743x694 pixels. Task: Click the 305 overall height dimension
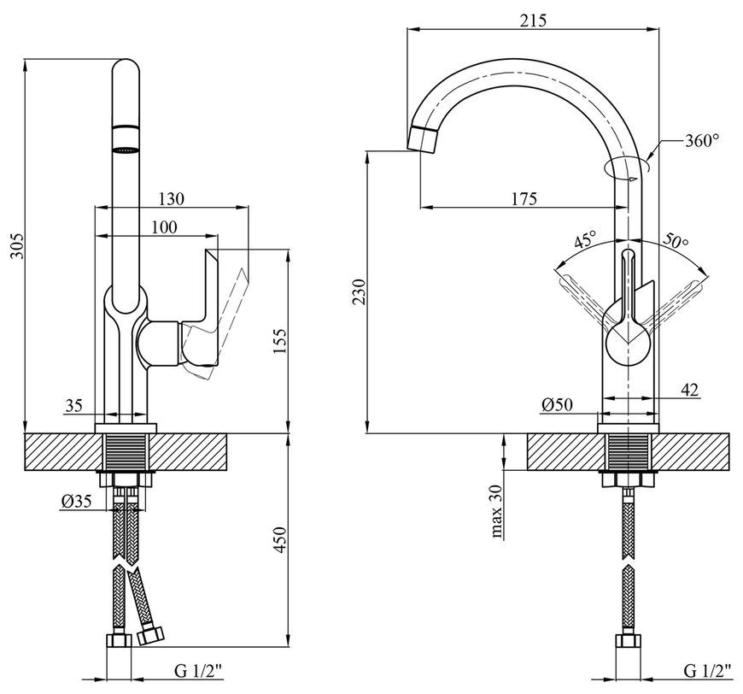click(16, 245)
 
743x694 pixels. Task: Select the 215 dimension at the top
click(533, 21)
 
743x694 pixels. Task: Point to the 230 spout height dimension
click(360, 292)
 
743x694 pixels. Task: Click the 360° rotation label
click(702, 140)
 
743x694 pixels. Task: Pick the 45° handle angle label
click(585, 240)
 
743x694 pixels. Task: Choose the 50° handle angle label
click(676, 241)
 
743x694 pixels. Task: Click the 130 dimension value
click(171, 198)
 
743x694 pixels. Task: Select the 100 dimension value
click(164, 227)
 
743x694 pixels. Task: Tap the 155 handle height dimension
click(279, 341)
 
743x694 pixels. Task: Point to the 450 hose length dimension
click(279, 539)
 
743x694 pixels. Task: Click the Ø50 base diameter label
click(556, 404)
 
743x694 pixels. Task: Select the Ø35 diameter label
click(76, 501)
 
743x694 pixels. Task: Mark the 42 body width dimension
click(689, 390)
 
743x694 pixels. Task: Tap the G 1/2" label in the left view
click(198, 671)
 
